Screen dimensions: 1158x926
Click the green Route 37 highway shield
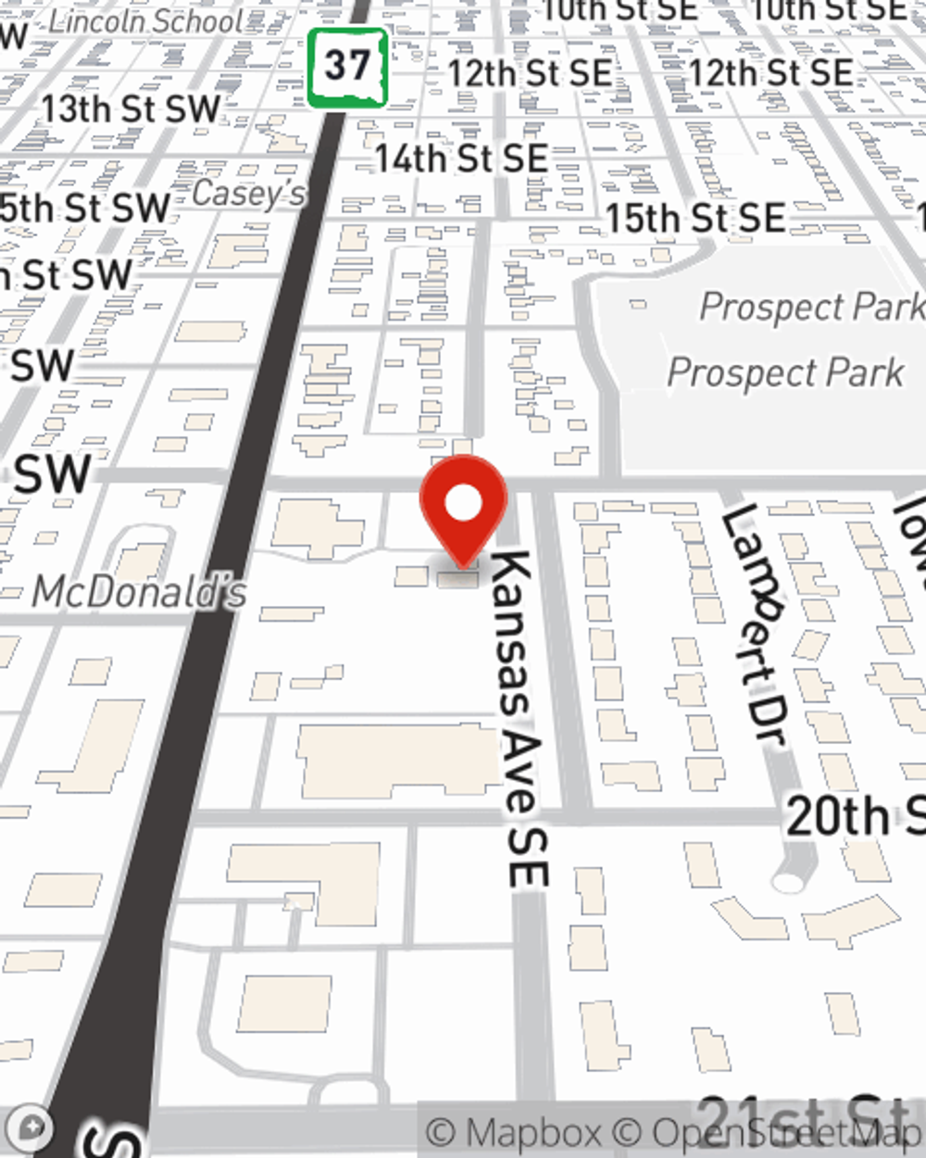(x=347, y=67)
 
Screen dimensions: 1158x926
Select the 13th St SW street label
(x=131, y=109)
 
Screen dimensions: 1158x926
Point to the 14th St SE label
(x=461, y=158)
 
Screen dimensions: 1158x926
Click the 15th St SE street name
(x=695, y=219)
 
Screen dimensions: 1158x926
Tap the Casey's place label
(x=248, y=195)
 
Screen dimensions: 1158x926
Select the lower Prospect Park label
(x=785, y=372)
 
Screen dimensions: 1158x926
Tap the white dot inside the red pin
(x=463, y=504)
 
